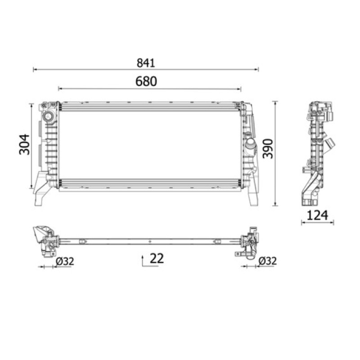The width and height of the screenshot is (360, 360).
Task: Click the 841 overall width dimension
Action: tap(146, 63)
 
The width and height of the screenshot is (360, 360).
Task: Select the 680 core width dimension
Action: tap(146, 81)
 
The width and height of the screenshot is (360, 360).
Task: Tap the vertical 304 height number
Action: tap(24, 144)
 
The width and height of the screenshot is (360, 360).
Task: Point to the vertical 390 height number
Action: tap(268, 148)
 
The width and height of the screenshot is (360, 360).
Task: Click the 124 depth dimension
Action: tap(317, 215)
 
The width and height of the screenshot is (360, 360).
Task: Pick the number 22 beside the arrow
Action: tap(157, 258)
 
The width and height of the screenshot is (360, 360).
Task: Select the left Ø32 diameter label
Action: tap(65, 261)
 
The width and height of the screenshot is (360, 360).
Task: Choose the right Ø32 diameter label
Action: tap(267, 261)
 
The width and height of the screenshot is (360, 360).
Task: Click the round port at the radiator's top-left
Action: tap(48, 117)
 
